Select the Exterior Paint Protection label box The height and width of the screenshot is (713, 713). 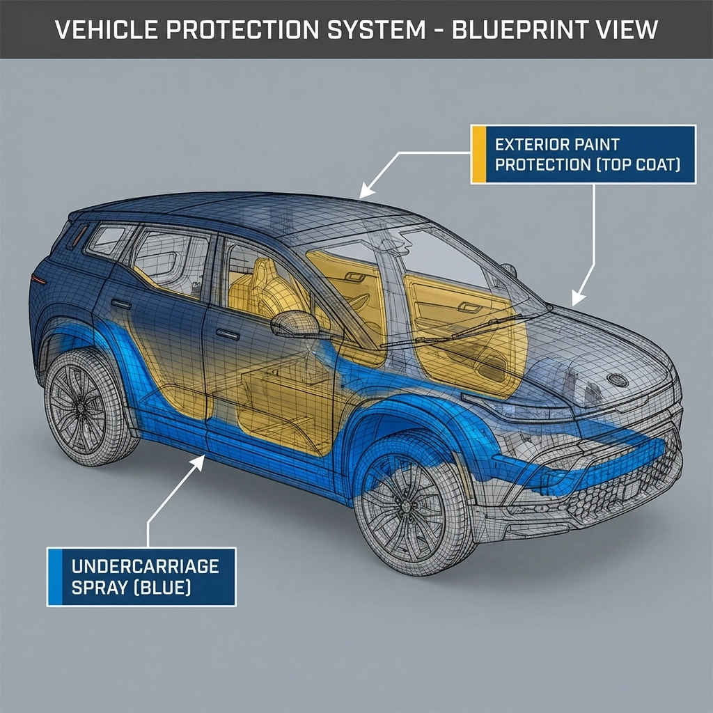point(583,155)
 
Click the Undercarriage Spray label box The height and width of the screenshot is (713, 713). point(142,577)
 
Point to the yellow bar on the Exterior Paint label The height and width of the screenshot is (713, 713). point(478,155)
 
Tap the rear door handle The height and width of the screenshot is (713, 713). point(120,304)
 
